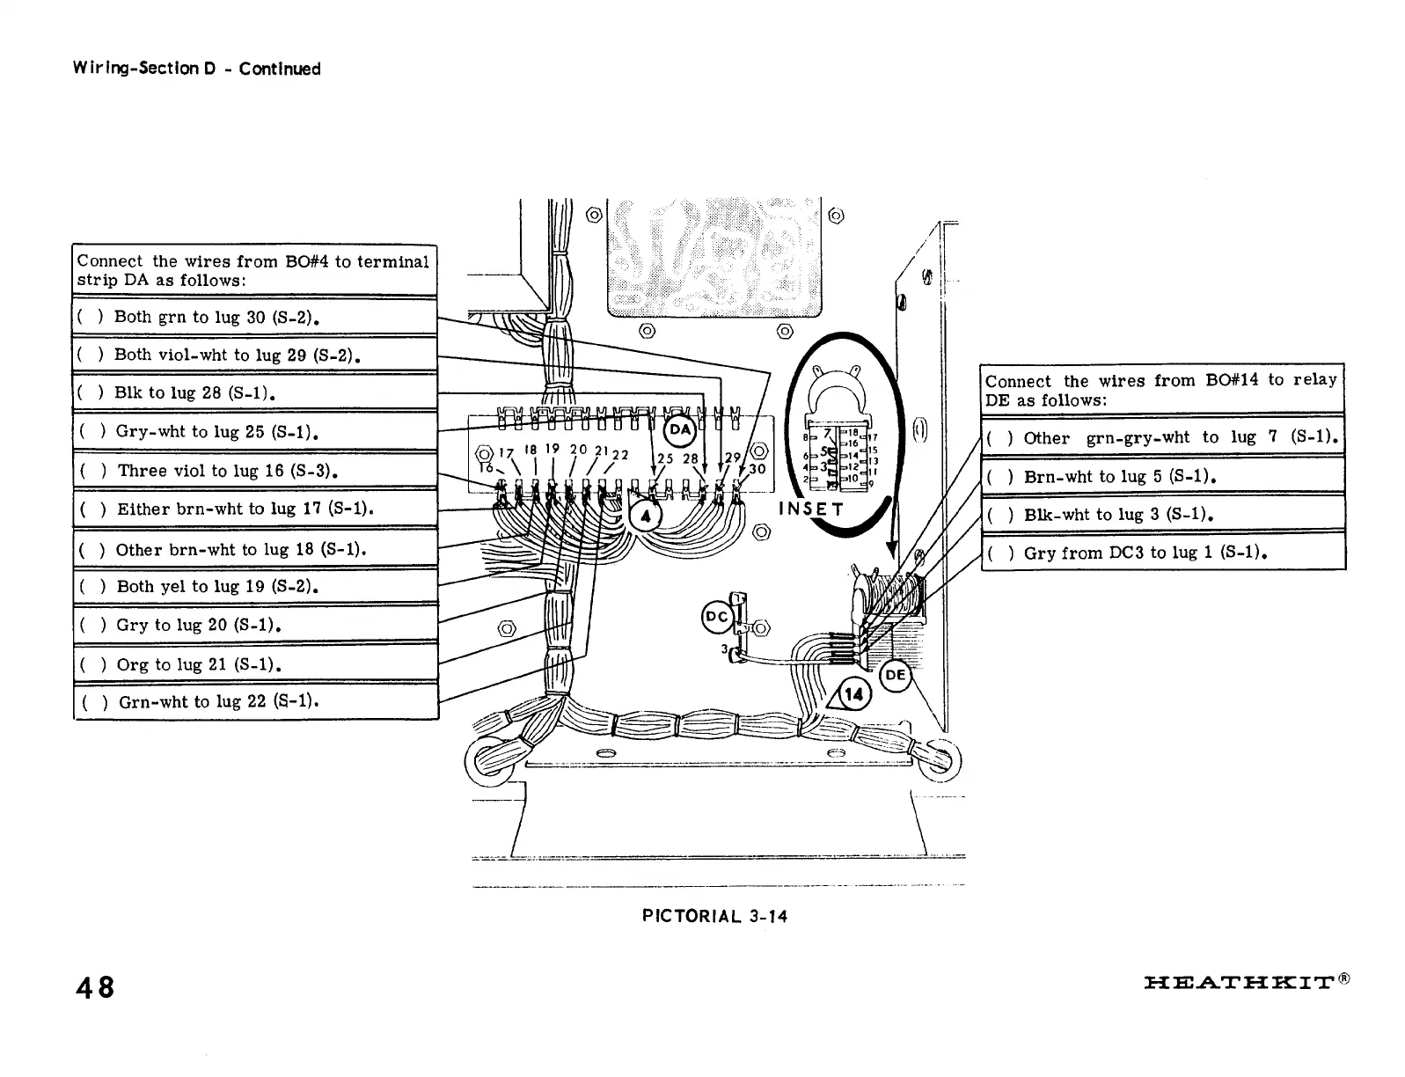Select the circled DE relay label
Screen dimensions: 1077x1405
(x=895, y=676)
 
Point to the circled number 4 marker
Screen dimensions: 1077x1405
(x=646, y=517)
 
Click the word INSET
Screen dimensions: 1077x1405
(x=811, y=509)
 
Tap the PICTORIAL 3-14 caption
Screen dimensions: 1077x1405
(x=714, y=916)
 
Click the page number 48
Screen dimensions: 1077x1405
(x=95, y=987)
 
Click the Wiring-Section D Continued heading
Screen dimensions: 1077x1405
(x=197, y=69)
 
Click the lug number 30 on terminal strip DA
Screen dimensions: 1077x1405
(x=757, y=469)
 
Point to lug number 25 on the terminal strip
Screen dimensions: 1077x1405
(x=665, y=458)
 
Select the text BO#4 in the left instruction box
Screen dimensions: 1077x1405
(x=306, y=261)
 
